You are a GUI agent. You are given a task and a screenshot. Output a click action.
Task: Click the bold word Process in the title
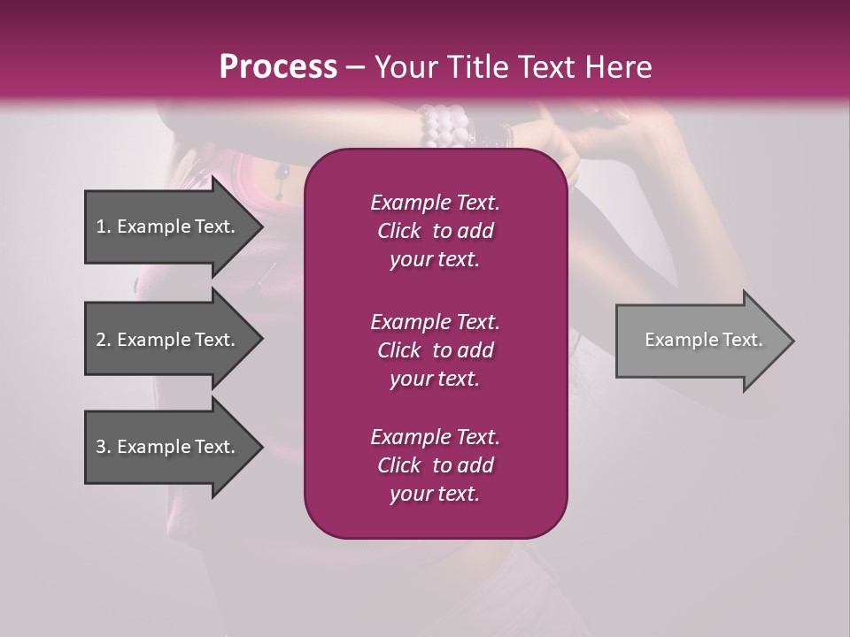click(x=278, y=67)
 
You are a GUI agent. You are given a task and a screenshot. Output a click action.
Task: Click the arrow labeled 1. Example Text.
click(x=168, y=226)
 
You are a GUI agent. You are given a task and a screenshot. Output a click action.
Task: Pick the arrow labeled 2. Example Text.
click(x=168, y=340)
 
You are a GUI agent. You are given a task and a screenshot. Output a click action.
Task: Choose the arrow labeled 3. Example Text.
click(x=168, y=447)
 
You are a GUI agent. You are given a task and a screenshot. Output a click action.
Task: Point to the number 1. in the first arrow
click(x=104, y=226)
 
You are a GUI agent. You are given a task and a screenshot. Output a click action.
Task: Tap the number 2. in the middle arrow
click(x=104, y=340)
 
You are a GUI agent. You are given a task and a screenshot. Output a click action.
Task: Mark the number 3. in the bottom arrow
click(x=104, y=447)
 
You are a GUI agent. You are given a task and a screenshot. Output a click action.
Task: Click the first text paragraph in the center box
click(x=435, y=231)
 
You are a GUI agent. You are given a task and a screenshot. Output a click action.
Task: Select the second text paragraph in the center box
click(x=435, y=350)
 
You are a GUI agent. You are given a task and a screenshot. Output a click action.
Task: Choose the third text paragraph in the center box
click(x=435, y=465)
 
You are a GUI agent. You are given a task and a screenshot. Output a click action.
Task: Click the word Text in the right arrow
click(x=742, y=340)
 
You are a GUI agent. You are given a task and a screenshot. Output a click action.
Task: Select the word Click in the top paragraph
click(x=398, y=231)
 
